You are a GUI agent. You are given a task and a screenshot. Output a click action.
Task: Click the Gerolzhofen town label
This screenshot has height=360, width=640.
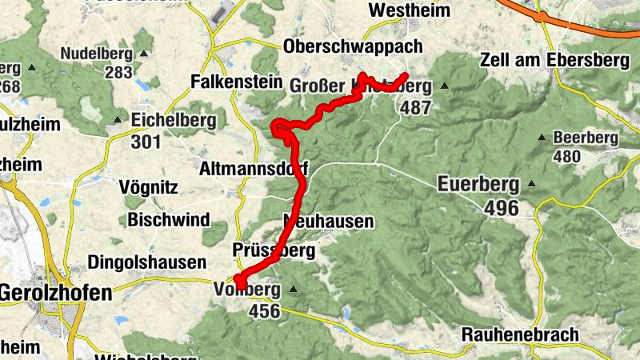55,294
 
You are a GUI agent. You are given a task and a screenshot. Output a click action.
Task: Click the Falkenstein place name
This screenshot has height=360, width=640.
238,82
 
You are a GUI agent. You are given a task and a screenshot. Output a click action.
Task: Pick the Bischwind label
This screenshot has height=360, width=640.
167,219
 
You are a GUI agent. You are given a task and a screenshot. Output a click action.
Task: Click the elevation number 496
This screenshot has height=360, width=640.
502,209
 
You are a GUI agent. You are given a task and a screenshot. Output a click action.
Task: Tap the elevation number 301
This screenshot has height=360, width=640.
146,142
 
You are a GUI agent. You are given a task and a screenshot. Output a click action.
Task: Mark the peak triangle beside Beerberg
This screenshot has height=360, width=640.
542,138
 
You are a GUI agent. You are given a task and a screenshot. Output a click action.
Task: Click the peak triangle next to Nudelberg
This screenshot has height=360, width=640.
143,54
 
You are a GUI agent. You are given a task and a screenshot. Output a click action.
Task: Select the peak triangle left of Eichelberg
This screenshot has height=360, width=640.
117,121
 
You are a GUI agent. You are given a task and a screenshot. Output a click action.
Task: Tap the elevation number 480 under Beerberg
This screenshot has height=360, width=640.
567,156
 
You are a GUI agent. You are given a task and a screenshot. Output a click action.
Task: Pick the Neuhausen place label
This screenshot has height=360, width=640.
329,221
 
